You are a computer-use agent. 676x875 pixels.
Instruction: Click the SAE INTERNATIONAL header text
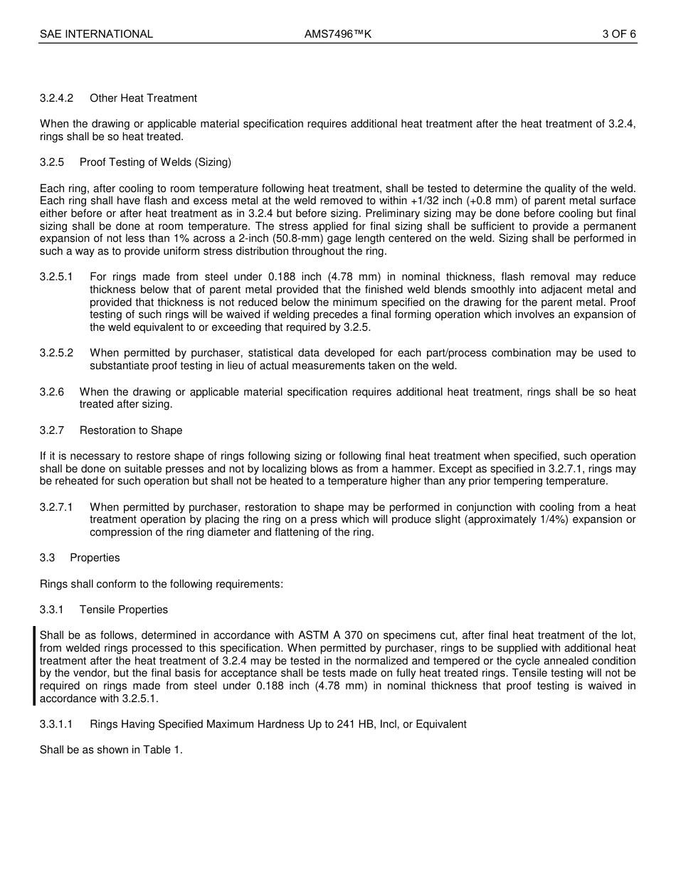click(x=96, y=33)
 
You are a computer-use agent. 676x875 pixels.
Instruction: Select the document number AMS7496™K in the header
click(x=338, y=33)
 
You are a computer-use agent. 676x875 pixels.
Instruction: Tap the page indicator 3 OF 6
click(x=618, y=33)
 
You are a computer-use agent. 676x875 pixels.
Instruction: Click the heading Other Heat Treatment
click(x=143, y=98)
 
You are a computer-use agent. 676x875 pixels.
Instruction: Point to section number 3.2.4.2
click(x=57, y=98)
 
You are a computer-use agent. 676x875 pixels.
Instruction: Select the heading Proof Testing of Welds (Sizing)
click(x=155, y=162)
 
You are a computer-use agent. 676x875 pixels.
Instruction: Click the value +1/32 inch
click(x=412, y=201)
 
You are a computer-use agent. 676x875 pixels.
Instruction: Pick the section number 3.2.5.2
click(x=57, y=354)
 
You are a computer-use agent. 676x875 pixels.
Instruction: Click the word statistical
click(x=282, y=354)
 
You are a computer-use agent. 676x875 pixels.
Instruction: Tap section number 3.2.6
click(x=52, y=392)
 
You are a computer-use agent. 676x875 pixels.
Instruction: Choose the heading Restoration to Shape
click(x=131, y=430)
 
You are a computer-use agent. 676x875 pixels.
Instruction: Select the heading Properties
click(x=95, y=558)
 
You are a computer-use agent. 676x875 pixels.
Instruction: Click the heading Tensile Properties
click(x=124, y=610)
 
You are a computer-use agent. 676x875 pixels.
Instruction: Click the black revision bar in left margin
click(x=33, y=666)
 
